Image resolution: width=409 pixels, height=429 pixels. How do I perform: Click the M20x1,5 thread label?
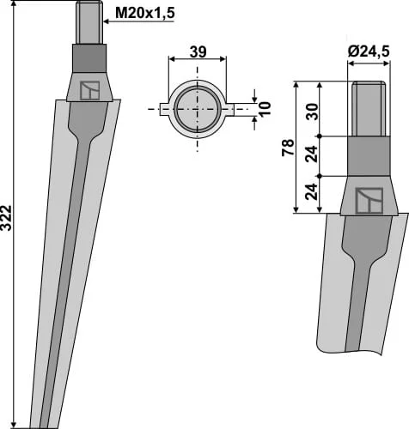click(x=144, y=13)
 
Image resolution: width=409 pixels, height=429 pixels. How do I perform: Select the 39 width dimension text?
click(x=198, y=52)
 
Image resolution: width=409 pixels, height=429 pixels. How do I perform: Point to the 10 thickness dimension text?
click(x=266, y=108)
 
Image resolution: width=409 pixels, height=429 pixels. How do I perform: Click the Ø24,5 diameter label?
click(x=369, y=51)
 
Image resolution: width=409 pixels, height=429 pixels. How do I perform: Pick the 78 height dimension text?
click(x=288, y=148)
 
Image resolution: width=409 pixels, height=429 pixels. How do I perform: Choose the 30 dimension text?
click(x=312, y=112)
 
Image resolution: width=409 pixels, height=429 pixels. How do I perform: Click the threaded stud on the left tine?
click(x=89, y=22)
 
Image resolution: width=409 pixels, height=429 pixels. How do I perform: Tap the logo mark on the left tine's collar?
click(x=89, y=91)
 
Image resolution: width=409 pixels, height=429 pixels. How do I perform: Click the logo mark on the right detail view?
click(x=369, y=201)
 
